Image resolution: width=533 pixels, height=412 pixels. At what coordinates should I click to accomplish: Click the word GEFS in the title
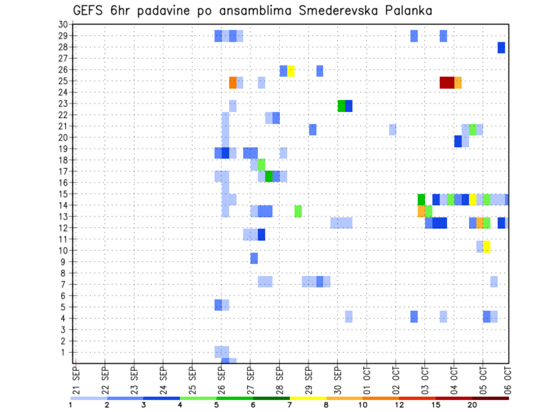coord(90,11)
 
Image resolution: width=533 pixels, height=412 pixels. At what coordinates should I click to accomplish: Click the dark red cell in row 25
coord(447,82)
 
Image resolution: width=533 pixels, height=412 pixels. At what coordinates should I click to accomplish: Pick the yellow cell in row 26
coord(291,71)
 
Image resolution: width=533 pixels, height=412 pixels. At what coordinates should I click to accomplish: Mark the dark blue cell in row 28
coord(501,48)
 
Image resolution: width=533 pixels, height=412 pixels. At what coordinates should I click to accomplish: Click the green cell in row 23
coord(341,105)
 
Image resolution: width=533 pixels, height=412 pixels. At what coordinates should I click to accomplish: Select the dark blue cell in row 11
coord(262,235)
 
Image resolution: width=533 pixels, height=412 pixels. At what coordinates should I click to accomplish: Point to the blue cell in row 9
coord(254,258)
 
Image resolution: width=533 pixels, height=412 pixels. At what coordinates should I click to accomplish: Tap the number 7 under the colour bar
coord(290,404)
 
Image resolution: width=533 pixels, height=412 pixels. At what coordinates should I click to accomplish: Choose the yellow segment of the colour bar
coord(308,398)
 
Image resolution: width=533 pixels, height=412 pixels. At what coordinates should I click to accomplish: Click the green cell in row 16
coord(269,176)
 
